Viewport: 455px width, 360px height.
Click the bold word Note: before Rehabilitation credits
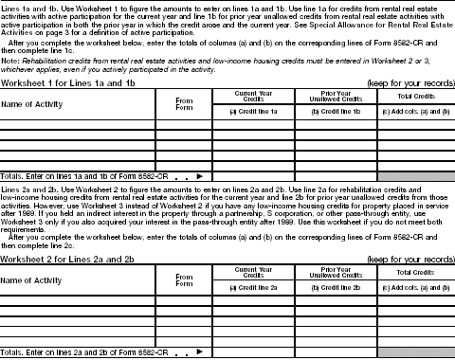11,61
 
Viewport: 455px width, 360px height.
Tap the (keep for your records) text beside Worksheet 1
409,82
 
